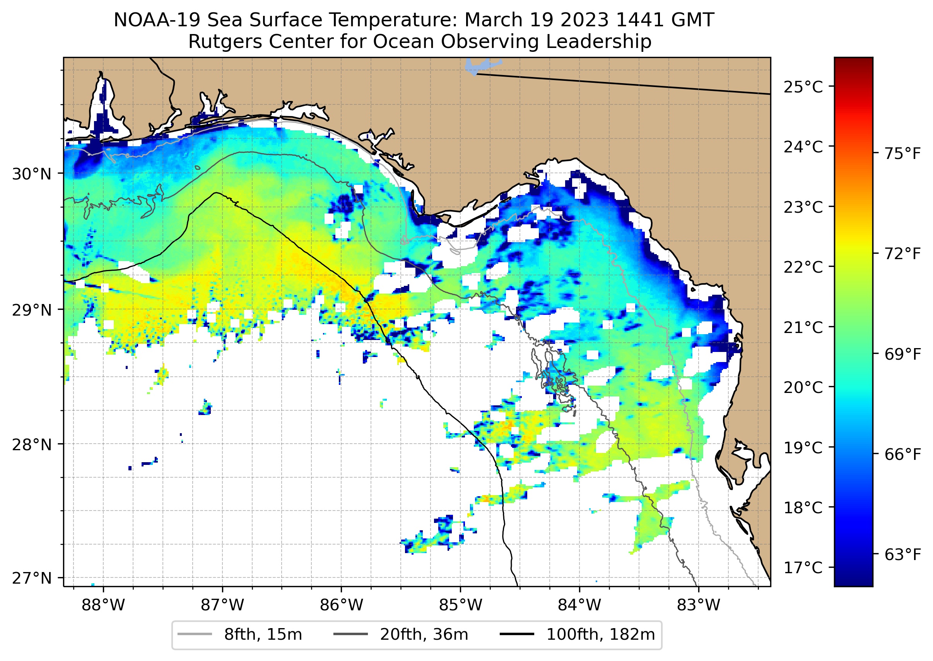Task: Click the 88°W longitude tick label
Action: pos(103,605)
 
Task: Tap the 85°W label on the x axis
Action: pos(460,605)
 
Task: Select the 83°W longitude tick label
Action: pos(699,605)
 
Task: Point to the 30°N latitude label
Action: pos(32,174)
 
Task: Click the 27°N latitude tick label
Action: pos(32,578)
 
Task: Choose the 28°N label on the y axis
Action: pos(32,445)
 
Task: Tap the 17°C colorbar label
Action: pos(803,567)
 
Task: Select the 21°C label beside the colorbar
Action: pos(803,327)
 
